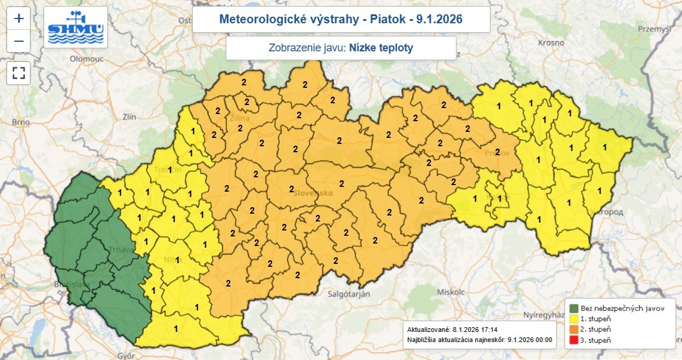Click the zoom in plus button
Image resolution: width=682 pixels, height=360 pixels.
19,18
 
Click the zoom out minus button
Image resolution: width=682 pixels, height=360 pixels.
19,41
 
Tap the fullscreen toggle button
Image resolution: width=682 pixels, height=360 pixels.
19,73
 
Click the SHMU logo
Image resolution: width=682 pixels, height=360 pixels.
76,27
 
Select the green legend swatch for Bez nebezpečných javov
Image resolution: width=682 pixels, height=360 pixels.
574,309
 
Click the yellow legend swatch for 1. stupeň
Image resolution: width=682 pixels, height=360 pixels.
574,319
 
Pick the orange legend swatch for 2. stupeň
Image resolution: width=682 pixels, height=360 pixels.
574,330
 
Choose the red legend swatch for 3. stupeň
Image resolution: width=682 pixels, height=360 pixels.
574,340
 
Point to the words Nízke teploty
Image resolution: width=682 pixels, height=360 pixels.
381,48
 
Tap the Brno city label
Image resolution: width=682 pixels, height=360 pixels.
20,122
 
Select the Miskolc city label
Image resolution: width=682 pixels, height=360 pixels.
450,293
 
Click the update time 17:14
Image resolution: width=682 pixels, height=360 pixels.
487,330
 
